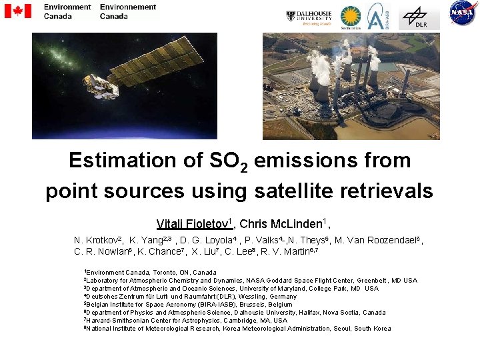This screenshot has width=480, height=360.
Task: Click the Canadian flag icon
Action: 17,11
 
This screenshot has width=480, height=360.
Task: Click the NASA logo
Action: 462,13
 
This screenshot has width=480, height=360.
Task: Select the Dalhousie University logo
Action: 309,16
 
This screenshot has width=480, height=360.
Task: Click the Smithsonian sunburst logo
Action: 351,17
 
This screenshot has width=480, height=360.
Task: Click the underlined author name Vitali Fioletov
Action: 194,224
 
